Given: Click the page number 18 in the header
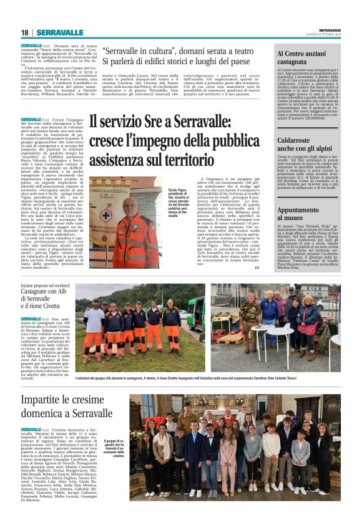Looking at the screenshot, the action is point(25,32).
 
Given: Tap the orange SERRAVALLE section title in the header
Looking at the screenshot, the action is point(60,32).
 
